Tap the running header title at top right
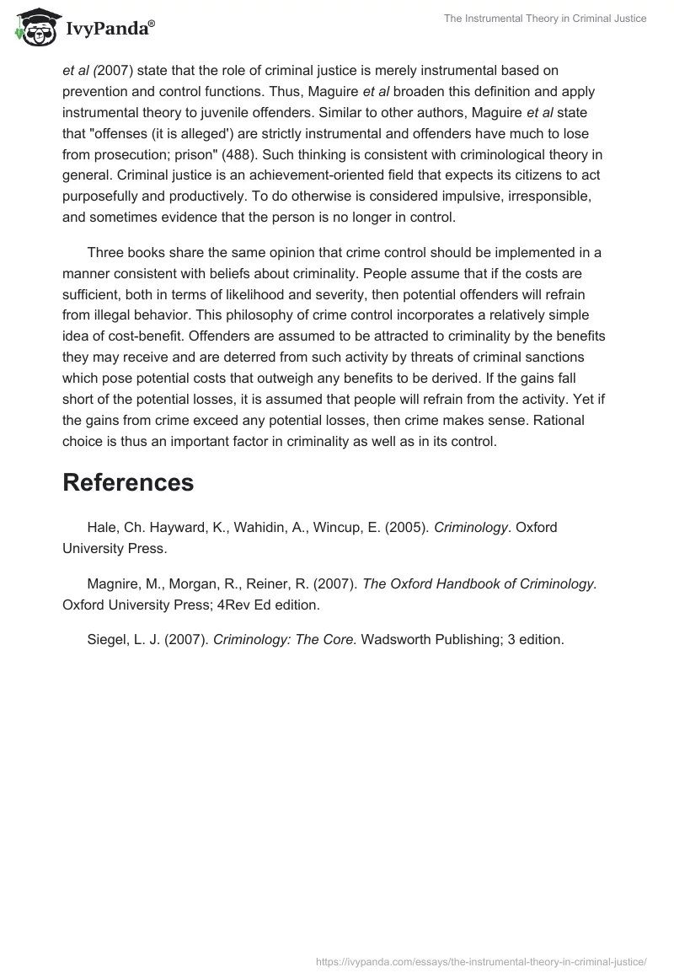[545, 19]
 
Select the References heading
[128, 482]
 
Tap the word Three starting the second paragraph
[106, 253]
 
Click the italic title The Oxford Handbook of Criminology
[479, 583]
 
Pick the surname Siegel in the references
[107, 639]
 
